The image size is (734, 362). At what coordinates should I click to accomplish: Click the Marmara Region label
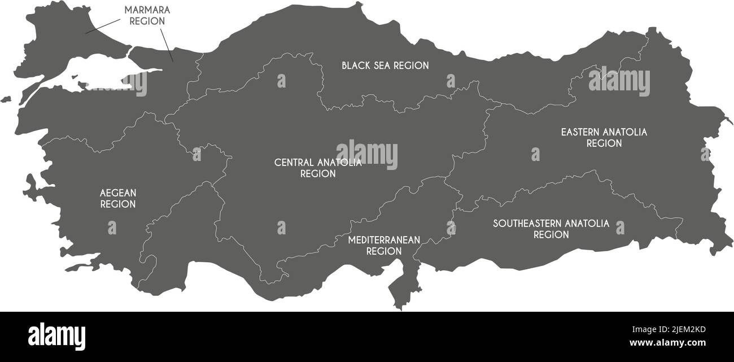click(x=147, y=16)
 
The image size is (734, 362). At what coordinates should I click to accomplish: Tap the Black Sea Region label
click(x=385, y=66)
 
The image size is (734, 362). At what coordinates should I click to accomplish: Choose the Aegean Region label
click(x=118, y=198)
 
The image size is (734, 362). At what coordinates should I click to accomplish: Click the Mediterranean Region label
click(x=384, y=245)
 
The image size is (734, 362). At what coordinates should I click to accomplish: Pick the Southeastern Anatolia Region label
click(x=551, y=229)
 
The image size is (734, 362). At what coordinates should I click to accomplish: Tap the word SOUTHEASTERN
click(x=527, y=224)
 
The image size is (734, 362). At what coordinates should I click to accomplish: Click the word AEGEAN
click(x=118, y=193)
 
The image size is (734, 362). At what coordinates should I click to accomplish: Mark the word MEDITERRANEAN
click(x=384, y=240)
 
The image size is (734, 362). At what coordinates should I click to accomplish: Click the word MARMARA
click(x=147, y=11)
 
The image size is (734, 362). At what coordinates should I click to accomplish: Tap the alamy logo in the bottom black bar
click(x=56, y=337)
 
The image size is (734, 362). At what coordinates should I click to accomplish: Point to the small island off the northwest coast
click(x=5, y=99)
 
